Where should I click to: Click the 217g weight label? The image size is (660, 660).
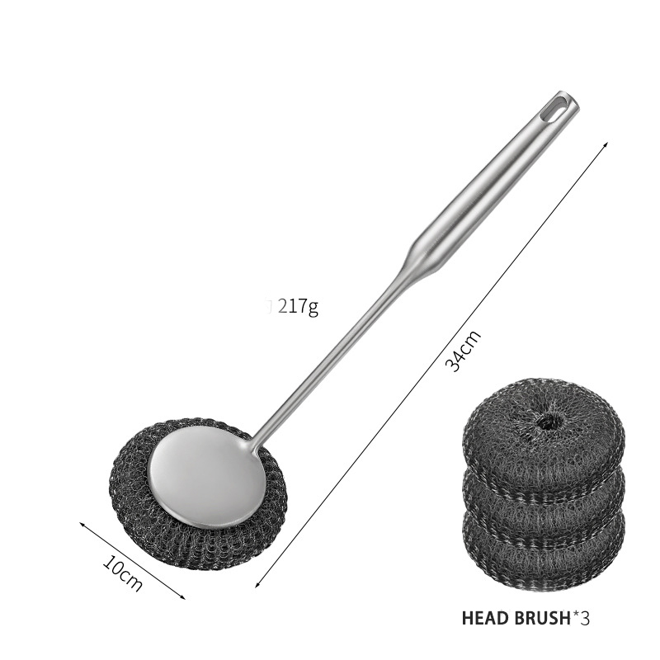(298, 307)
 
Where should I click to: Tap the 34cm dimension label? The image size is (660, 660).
(462, 351)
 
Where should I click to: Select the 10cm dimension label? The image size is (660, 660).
(123, 573)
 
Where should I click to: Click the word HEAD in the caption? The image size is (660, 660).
(485, 618)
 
